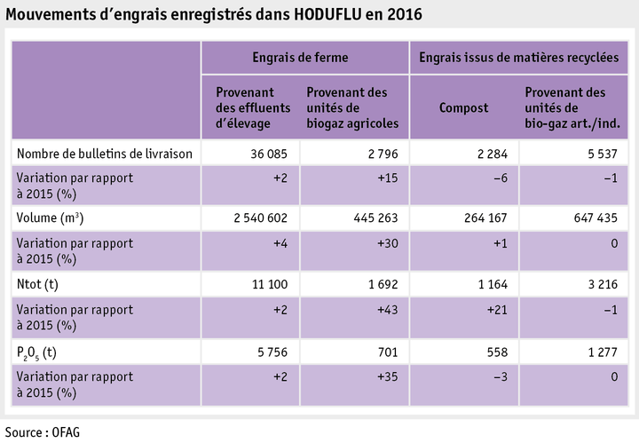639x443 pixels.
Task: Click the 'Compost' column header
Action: pos(464,107)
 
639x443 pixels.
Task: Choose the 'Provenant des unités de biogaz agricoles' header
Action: pos(352,107)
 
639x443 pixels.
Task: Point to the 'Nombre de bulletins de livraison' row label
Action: pos(105,153)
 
